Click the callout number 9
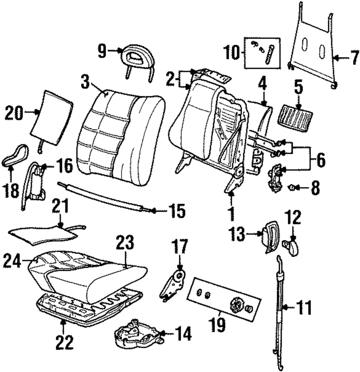pos(102,51)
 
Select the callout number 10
pos(231,53)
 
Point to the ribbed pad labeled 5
pos(295,118)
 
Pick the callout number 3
pos(85,81)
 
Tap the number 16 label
pos(64,166)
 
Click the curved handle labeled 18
pos(15,155)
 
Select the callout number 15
pos(177,211)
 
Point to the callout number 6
pos(321,160)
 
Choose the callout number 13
pos(237,234)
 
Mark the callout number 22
pos(64,342)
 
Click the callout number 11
pos(304,307)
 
